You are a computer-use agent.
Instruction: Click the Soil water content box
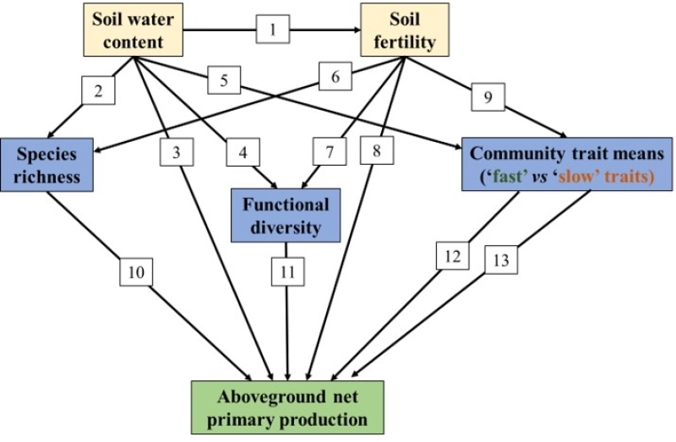[x=133, y=30]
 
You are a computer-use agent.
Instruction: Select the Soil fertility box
[x=404, y=30]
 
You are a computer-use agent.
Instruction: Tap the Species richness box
[x=45, y=166]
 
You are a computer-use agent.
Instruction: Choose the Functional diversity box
[x=286, y=216]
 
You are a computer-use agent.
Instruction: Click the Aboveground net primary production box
[x=286, y=408]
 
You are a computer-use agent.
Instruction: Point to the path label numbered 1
[x=273, y=30]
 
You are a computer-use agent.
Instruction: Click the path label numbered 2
[x=99, y=91]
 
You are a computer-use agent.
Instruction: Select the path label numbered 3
[x=177, y=153]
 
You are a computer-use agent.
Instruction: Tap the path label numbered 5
[x=224, y=81]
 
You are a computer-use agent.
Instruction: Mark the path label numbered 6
[x=335, y=78]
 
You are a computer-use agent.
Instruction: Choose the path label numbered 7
[x=330, y=153]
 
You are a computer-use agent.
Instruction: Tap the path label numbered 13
[x=501, y=261]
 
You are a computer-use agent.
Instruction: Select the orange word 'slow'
[x=584, y=178]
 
